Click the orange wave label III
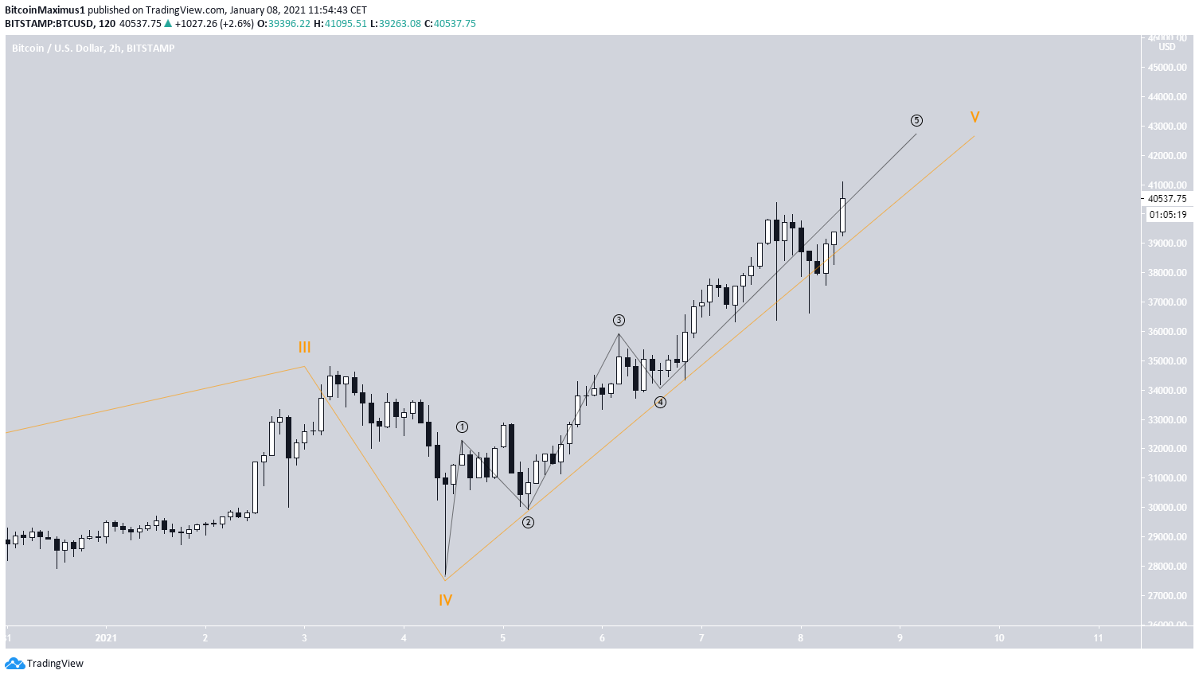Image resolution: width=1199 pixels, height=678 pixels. tap(304, 348)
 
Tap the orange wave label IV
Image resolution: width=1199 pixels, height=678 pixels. tap(445, 601)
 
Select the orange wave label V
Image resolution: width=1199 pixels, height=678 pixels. tap(974, 118)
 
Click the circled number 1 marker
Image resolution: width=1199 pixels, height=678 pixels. tap(462, 427)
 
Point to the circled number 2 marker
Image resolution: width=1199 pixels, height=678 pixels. tap(528, 523)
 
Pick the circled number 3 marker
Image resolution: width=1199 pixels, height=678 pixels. tap(619, 321)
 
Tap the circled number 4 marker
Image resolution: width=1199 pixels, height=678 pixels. tap(660, 403)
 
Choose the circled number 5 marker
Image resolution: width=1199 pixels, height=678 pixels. tap(916, 121)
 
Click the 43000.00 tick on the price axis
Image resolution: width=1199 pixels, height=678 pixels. tap(1166, 127)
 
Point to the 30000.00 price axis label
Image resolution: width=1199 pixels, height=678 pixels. tap(1166, 508)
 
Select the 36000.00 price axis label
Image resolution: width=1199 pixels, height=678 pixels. tap(1166, 332)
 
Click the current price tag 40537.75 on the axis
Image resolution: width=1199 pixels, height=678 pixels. tap(1166, 199)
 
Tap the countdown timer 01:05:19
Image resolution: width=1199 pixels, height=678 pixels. tap(1167, 215)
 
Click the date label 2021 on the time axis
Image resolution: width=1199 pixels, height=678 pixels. tap(106, 638)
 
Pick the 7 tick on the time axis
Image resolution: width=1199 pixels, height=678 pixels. tap(701, 638)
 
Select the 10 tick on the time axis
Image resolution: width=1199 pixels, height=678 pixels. tap(999, 638)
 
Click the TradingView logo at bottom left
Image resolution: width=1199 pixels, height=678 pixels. tap(45, 664)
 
